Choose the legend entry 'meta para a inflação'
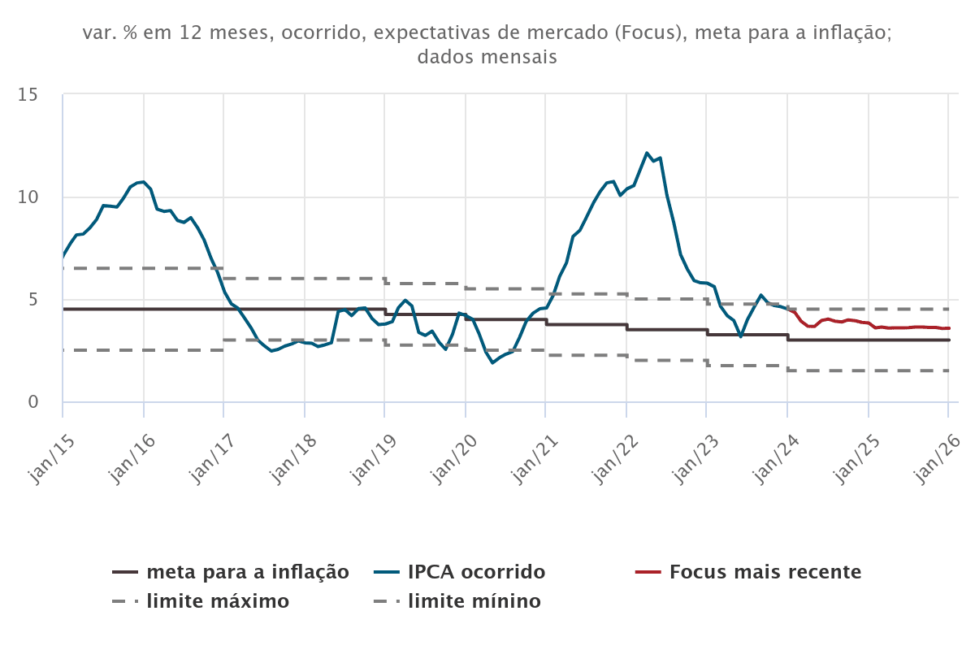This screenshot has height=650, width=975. coord(248,572)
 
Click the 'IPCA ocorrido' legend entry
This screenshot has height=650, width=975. coord(476,572)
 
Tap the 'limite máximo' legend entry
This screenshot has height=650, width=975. coord(218,602)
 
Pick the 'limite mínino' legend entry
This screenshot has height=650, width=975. coord(474,602)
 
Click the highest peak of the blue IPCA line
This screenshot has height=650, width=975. coord(647,153)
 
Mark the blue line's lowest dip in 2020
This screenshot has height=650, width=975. coord(492,362)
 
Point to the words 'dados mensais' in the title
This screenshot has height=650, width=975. coord(487,58)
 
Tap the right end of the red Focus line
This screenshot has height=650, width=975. coord(948,328)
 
